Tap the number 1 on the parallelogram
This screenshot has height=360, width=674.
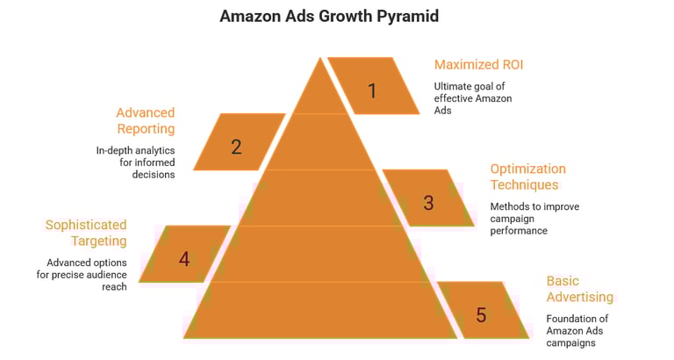pos(371,90)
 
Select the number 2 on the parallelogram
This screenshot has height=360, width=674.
pos(236,147)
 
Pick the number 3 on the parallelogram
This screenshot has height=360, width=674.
pos(428,202)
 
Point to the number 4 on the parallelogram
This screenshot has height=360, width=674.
pos(183,259)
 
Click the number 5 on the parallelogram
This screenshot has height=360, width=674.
pos(481,314)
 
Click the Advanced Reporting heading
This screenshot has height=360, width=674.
pos(146,120)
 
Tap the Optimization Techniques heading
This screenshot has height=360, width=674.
pos(527,177)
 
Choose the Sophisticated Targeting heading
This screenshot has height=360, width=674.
pos(86,233)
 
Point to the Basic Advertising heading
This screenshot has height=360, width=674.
pos(579,289)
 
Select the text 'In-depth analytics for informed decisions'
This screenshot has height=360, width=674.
pos(136,162)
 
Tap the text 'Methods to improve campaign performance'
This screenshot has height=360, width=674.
pos(534,219)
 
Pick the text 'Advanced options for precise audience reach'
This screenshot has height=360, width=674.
pos(88,275)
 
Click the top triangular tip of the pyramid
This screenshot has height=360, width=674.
pos(319,88)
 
